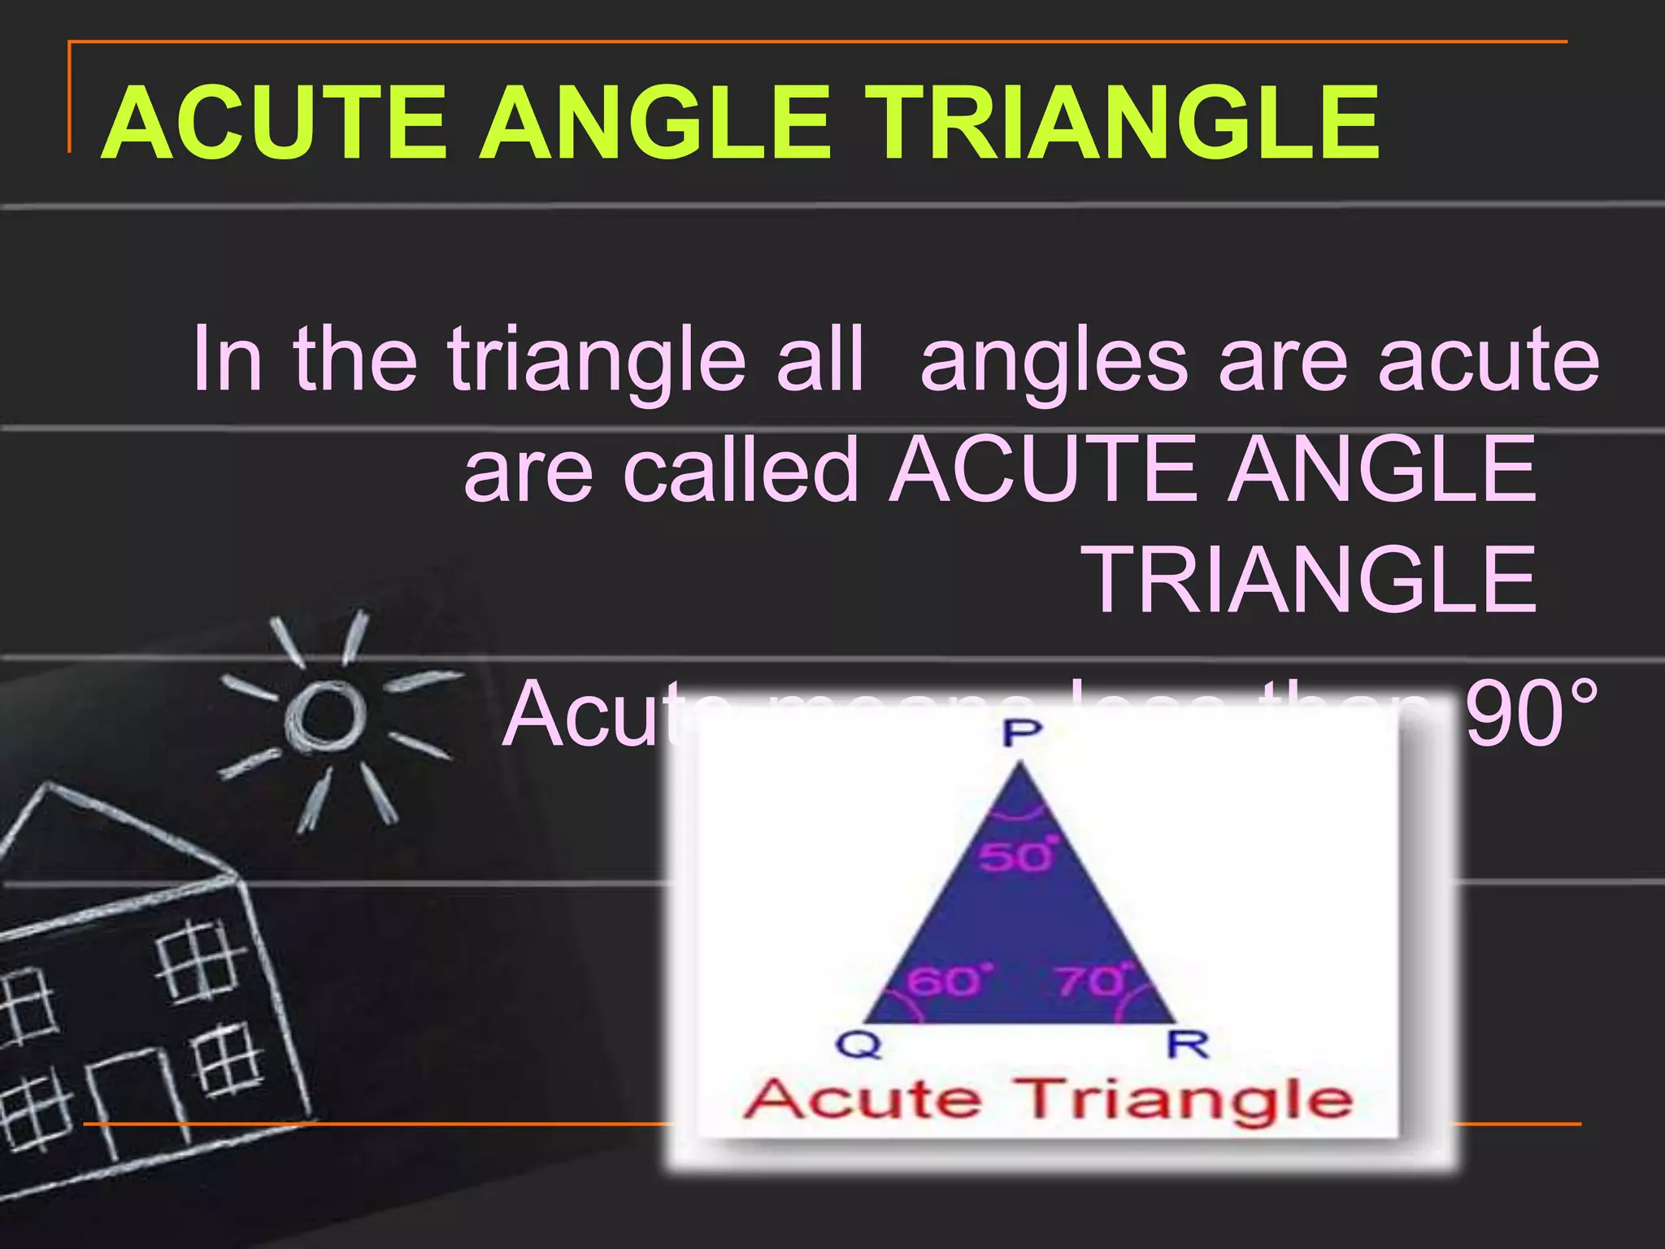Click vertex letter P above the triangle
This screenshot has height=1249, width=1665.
click(x=1021, y=733)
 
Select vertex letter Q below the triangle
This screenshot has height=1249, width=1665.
click(x=859, y=1045)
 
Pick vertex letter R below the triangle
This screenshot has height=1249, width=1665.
click(x=1188, y=1044)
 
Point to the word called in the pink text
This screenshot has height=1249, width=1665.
click(x=741, y=469)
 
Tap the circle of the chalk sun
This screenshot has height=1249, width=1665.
click(x=324, y=715)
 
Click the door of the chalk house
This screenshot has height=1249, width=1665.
click(x=131, y=1101)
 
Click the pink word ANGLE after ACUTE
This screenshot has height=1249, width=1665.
click(x=1381, y=469)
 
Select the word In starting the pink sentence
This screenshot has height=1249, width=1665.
click(x=227, y=359)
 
